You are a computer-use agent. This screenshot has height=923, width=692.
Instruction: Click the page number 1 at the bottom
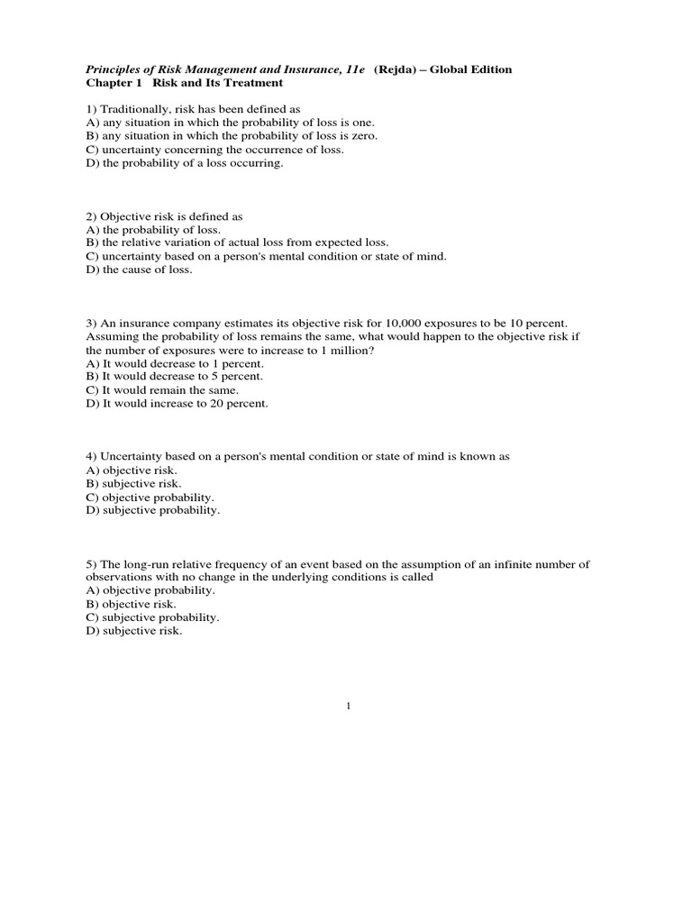(347, 706)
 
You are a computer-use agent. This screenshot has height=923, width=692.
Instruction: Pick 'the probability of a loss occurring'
(190, 162)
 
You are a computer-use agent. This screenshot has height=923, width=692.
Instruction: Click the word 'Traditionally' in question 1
(136, 108)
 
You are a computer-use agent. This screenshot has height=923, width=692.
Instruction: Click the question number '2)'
(92, 216)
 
